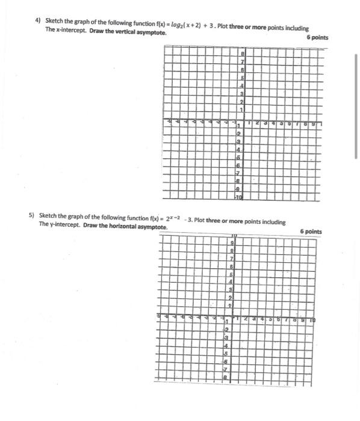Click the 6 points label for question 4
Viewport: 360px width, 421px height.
click(317, 37)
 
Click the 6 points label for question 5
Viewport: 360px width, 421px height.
click(311, 232)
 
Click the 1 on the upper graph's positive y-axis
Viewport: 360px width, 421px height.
click(242, 109)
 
